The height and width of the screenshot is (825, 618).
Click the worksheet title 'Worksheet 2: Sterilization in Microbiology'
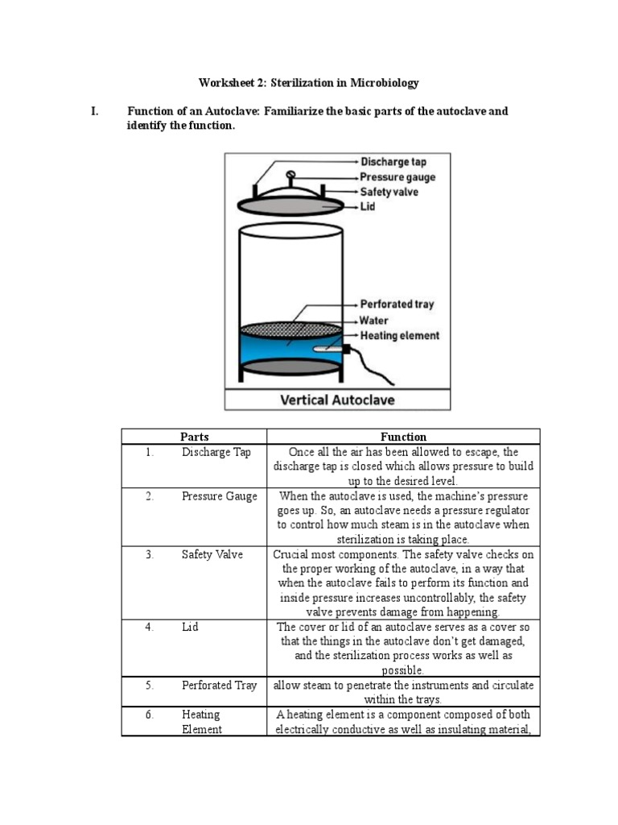coord(309,83)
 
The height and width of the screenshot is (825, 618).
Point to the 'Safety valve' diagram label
coord(389,193)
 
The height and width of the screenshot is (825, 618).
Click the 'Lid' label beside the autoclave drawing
coord(368,207)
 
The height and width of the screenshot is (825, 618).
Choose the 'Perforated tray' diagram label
coord(397,305)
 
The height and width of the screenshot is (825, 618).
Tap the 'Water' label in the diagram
coord(374,321)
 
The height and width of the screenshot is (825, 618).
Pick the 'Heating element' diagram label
coord(400,336)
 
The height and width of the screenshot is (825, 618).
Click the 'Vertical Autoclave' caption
coord(337,399)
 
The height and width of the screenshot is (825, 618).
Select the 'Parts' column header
coord(194,437)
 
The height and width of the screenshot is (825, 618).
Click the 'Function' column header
coord(403,437)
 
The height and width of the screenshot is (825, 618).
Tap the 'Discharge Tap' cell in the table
coord(216,452)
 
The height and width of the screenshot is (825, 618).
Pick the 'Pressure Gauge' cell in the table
coord(220,496)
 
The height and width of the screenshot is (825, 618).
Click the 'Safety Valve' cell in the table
coord(212,554)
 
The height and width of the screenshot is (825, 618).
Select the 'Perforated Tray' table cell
coord(220,685)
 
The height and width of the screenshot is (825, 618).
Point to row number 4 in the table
coord(150,627)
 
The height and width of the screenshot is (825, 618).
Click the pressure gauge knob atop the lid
coord(291,175)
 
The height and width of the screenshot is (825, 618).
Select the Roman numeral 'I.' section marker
coord(95,111)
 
